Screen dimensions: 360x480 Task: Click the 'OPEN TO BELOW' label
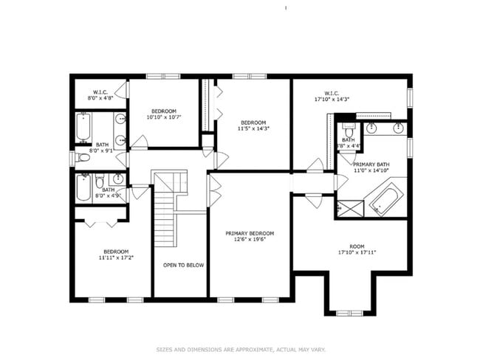pyautogui.click(x=184, y=265)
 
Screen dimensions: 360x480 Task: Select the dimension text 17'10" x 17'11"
pyautogui.click(x=357, y=252)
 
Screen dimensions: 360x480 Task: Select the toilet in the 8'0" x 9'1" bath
pyautogui.click(x=83, y=157)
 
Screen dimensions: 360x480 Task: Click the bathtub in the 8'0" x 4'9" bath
pyautogui.click(x=83, y=187)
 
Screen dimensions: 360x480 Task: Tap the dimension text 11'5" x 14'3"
pyautogui.click(x=253, y=128)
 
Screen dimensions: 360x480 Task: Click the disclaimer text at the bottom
pyautogui.click(x=240, y=350)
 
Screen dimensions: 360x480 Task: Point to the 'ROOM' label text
pyautogui.click(x=357, y=246)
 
